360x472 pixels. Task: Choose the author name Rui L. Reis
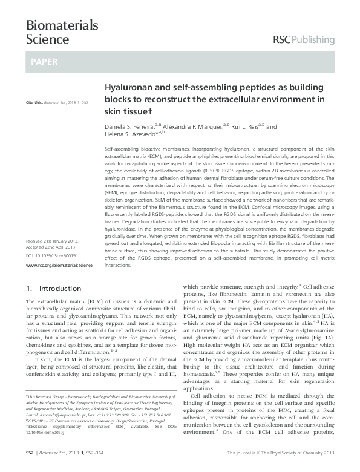(248, 127)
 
